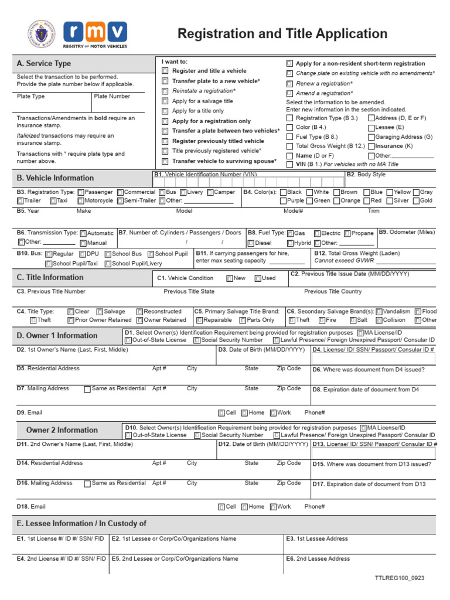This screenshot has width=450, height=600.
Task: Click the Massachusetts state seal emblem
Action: coord(42,34)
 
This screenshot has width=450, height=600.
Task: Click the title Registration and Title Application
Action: coord(282,34)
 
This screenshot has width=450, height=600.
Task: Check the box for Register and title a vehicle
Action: coord(165,71)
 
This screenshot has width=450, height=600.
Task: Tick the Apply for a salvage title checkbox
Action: coord(165,101)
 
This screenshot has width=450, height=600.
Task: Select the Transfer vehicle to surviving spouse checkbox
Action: coord(165,161)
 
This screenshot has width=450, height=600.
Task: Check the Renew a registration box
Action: coord(289,84)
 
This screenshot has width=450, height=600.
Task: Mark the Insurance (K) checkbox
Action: coord(371,146)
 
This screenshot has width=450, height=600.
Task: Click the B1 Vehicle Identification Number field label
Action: coord(206,175)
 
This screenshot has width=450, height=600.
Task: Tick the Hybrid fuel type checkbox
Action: coord(290,243)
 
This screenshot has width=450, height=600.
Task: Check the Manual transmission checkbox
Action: coord(83,243)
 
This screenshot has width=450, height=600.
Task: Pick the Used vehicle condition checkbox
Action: coord(258,278)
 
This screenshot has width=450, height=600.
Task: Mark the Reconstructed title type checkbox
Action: coord(139,312)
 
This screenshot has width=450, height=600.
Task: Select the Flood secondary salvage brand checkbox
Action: coord(418,312)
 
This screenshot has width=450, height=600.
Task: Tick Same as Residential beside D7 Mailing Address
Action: coord(87,389)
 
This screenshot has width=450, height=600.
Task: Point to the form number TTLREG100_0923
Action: coord(400,578)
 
